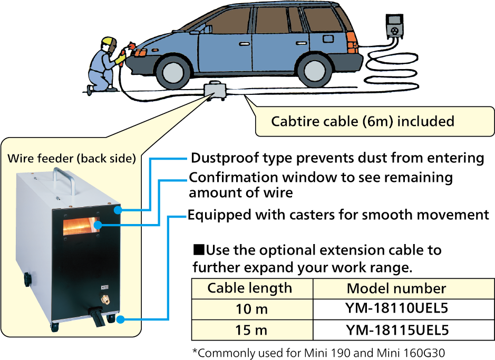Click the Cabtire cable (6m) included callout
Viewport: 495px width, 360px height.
362,122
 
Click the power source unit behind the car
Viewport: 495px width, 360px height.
394,27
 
